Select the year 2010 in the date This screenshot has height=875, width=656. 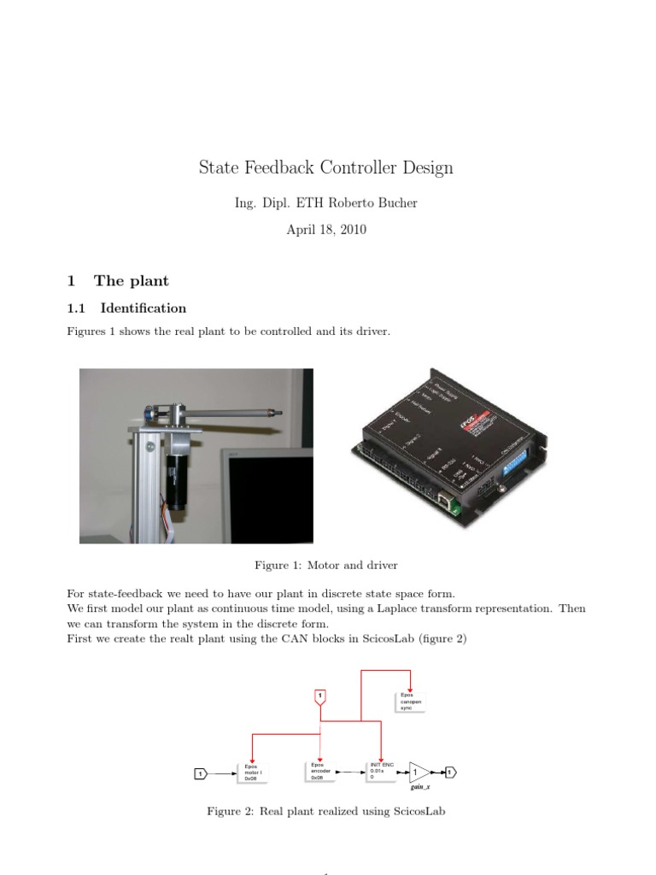[351, 230]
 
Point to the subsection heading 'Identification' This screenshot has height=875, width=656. [143, 308]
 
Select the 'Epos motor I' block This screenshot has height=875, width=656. [253, 772]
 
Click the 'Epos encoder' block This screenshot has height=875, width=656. [319, 772]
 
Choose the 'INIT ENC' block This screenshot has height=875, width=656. [381, 772]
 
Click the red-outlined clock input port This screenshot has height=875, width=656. [319, 697]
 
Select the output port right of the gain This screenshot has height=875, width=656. [450, 772]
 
